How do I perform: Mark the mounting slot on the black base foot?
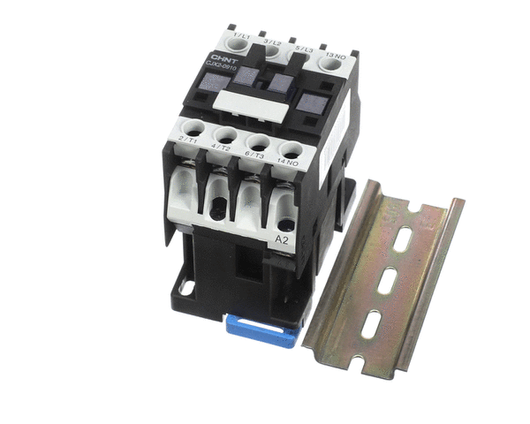188,287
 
